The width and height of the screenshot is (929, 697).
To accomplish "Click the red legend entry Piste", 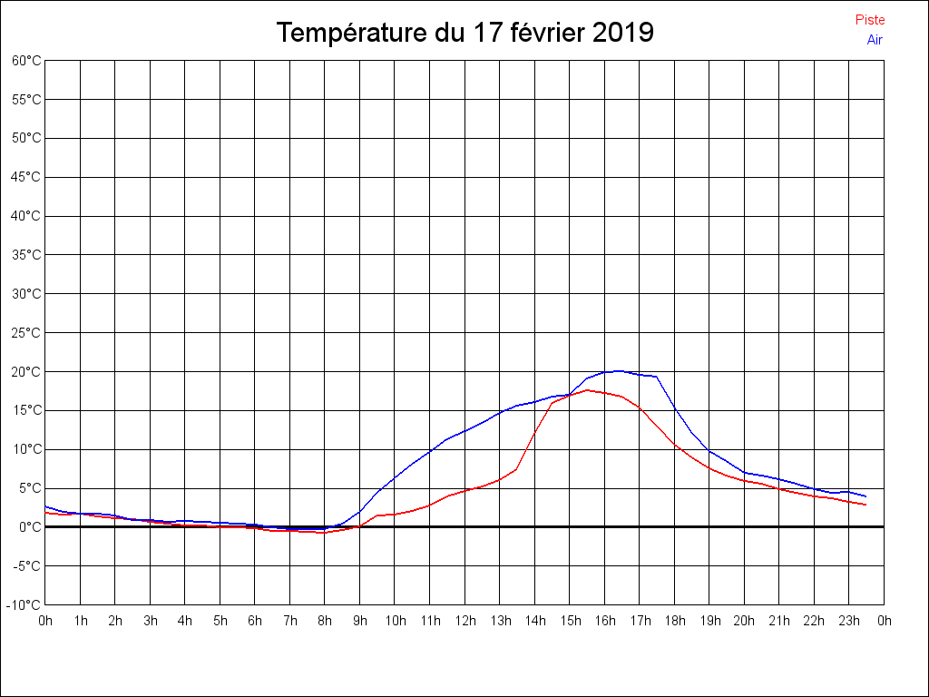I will pyautogui.click(x=870, y=20).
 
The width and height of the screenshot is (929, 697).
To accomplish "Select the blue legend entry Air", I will pyautogui.click(x=875, y=40).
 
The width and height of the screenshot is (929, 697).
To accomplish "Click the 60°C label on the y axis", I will pyautogui.click(x=26, y=60).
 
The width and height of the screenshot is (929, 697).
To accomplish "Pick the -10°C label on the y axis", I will pyautogui.click(x=24, y=604).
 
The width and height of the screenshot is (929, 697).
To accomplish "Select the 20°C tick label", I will pyautogui.click(x=26, y=371).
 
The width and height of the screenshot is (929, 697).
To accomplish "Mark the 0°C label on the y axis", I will pyautogui.click(x=30, y=526).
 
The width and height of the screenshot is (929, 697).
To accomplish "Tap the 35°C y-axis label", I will pyautogui.click(x=26, y=255).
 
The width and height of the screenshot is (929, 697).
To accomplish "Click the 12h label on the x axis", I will pyautogui.click(x=465, y=621).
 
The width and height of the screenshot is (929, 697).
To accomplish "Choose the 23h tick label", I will pyautogui.click(x=849, y=621).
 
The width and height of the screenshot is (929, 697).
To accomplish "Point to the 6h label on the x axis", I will pyautogui.click(x=255, y=621).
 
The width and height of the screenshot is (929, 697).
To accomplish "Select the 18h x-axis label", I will pyautogui.click(x=675, y=621).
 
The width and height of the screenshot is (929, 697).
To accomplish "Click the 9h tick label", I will pyautogui.click(x=360, y=621).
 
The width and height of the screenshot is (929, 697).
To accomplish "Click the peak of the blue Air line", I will pyautogui.click(x=618, y=370).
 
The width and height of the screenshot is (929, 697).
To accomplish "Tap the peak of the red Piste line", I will pyautogui.click(x=587, y=390).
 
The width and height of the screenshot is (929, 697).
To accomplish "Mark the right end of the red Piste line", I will pyautogui.click(x=865, y=505).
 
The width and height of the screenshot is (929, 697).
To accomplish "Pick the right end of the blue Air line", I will pyautogui.click(x=865, y=496).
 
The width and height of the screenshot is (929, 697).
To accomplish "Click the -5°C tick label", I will pyautogui.click(x=26, y=565).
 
